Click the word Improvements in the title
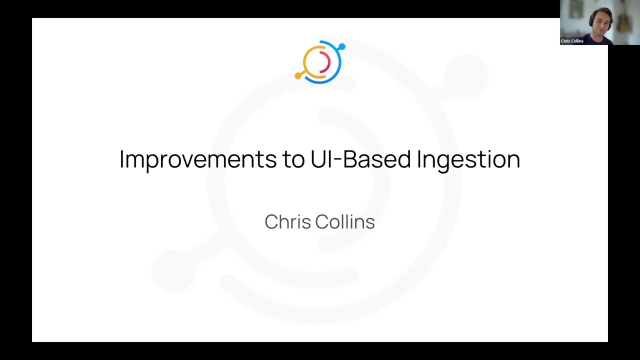point(197,159)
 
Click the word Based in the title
point(376,159)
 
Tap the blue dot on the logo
point(341,47)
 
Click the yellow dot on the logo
point(298,76)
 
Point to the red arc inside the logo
point(326,62)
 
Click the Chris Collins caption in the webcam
point(572,41)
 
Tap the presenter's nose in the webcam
point(601,23)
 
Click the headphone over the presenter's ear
point(591,20)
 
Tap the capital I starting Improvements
point(121,159)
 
